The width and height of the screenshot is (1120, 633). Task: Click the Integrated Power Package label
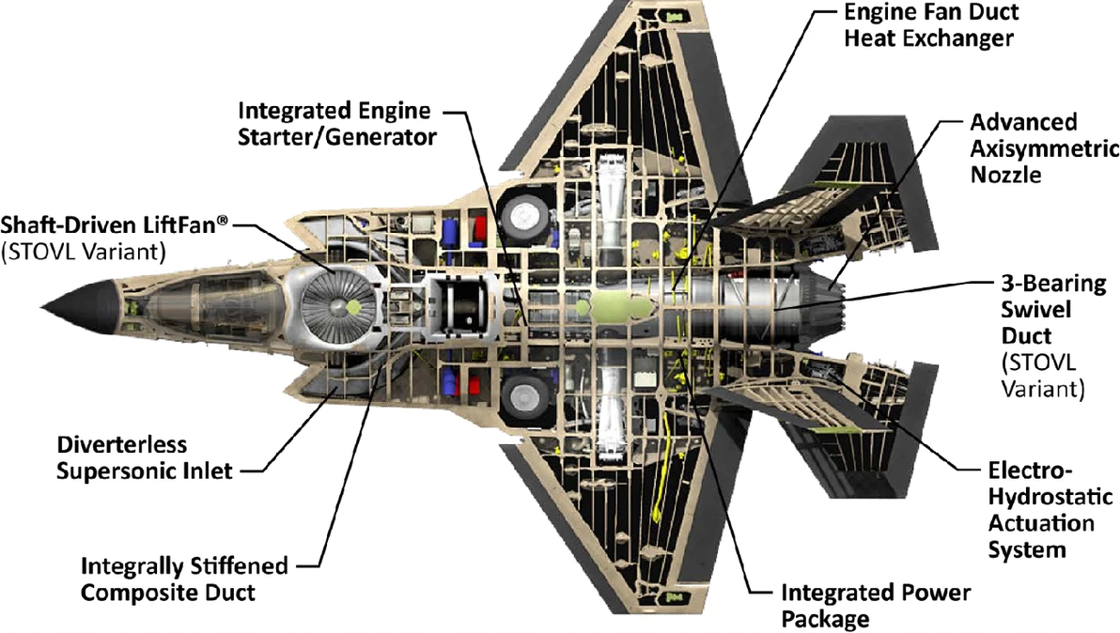coord(876,606)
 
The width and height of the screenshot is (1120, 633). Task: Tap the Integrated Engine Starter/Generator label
coord(334,124)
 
